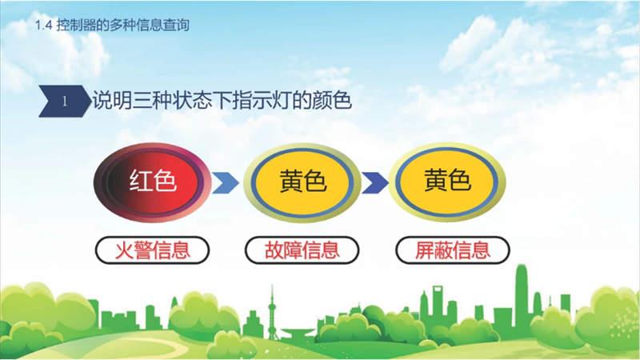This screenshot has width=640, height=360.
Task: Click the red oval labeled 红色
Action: [152, 182]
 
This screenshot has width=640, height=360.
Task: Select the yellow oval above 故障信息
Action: [302, 182]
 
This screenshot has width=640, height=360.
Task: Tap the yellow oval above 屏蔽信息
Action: [447, 182]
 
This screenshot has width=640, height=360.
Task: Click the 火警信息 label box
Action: [152, 250]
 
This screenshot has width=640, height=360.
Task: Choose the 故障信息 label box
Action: [302, 250]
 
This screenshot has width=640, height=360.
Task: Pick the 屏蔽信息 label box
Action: [453, 250]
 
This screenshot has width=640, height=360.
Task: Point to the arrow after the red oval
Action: [226, 183]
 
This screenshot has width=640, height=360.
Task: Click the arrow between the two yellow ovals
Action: [374, 183]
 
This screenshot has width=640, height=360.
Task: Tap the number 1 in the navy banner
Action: [65, 102]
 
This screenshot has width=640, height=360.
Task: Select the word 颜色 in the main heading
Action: [332, 101]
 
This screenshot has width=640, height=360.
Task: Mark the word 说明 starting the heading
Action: [112, 101]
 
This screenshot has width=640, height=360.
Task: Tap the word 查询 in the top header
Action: [176, 26]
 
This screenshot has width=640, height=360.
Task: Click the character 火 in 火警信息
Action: [124, 250]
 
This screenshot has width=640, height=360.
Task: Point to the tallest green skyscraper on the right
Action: [522, 297]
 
